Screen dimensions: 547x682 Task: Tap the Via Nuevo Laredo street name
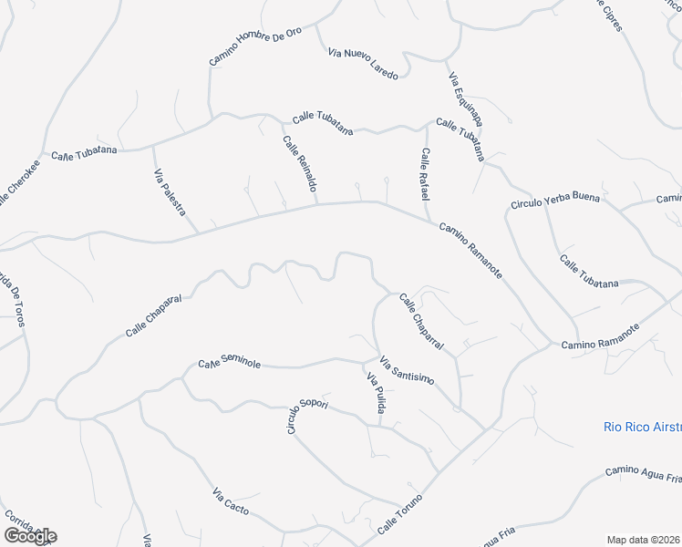[x=363, y=63]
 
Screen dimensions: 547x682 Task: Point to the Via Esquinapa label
[x=465, y=98]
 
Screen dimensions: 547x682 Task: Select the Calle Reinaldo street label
[x=299, y=163]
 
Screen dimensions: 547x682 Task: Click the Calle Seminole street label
[x=230, y=364]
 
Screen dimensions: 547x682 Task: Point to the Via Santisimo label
[x=407, y=368]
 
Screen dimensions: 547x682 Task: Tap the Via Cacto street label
[x=230, y=501]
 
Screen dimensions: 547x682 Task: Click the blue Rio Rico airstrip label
[x=642, y=427]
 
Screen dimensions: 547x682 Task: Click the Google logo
[x=30, y=536]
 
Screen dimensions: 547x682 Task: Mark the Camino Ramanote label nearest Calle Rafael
[x=470, y=250]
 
